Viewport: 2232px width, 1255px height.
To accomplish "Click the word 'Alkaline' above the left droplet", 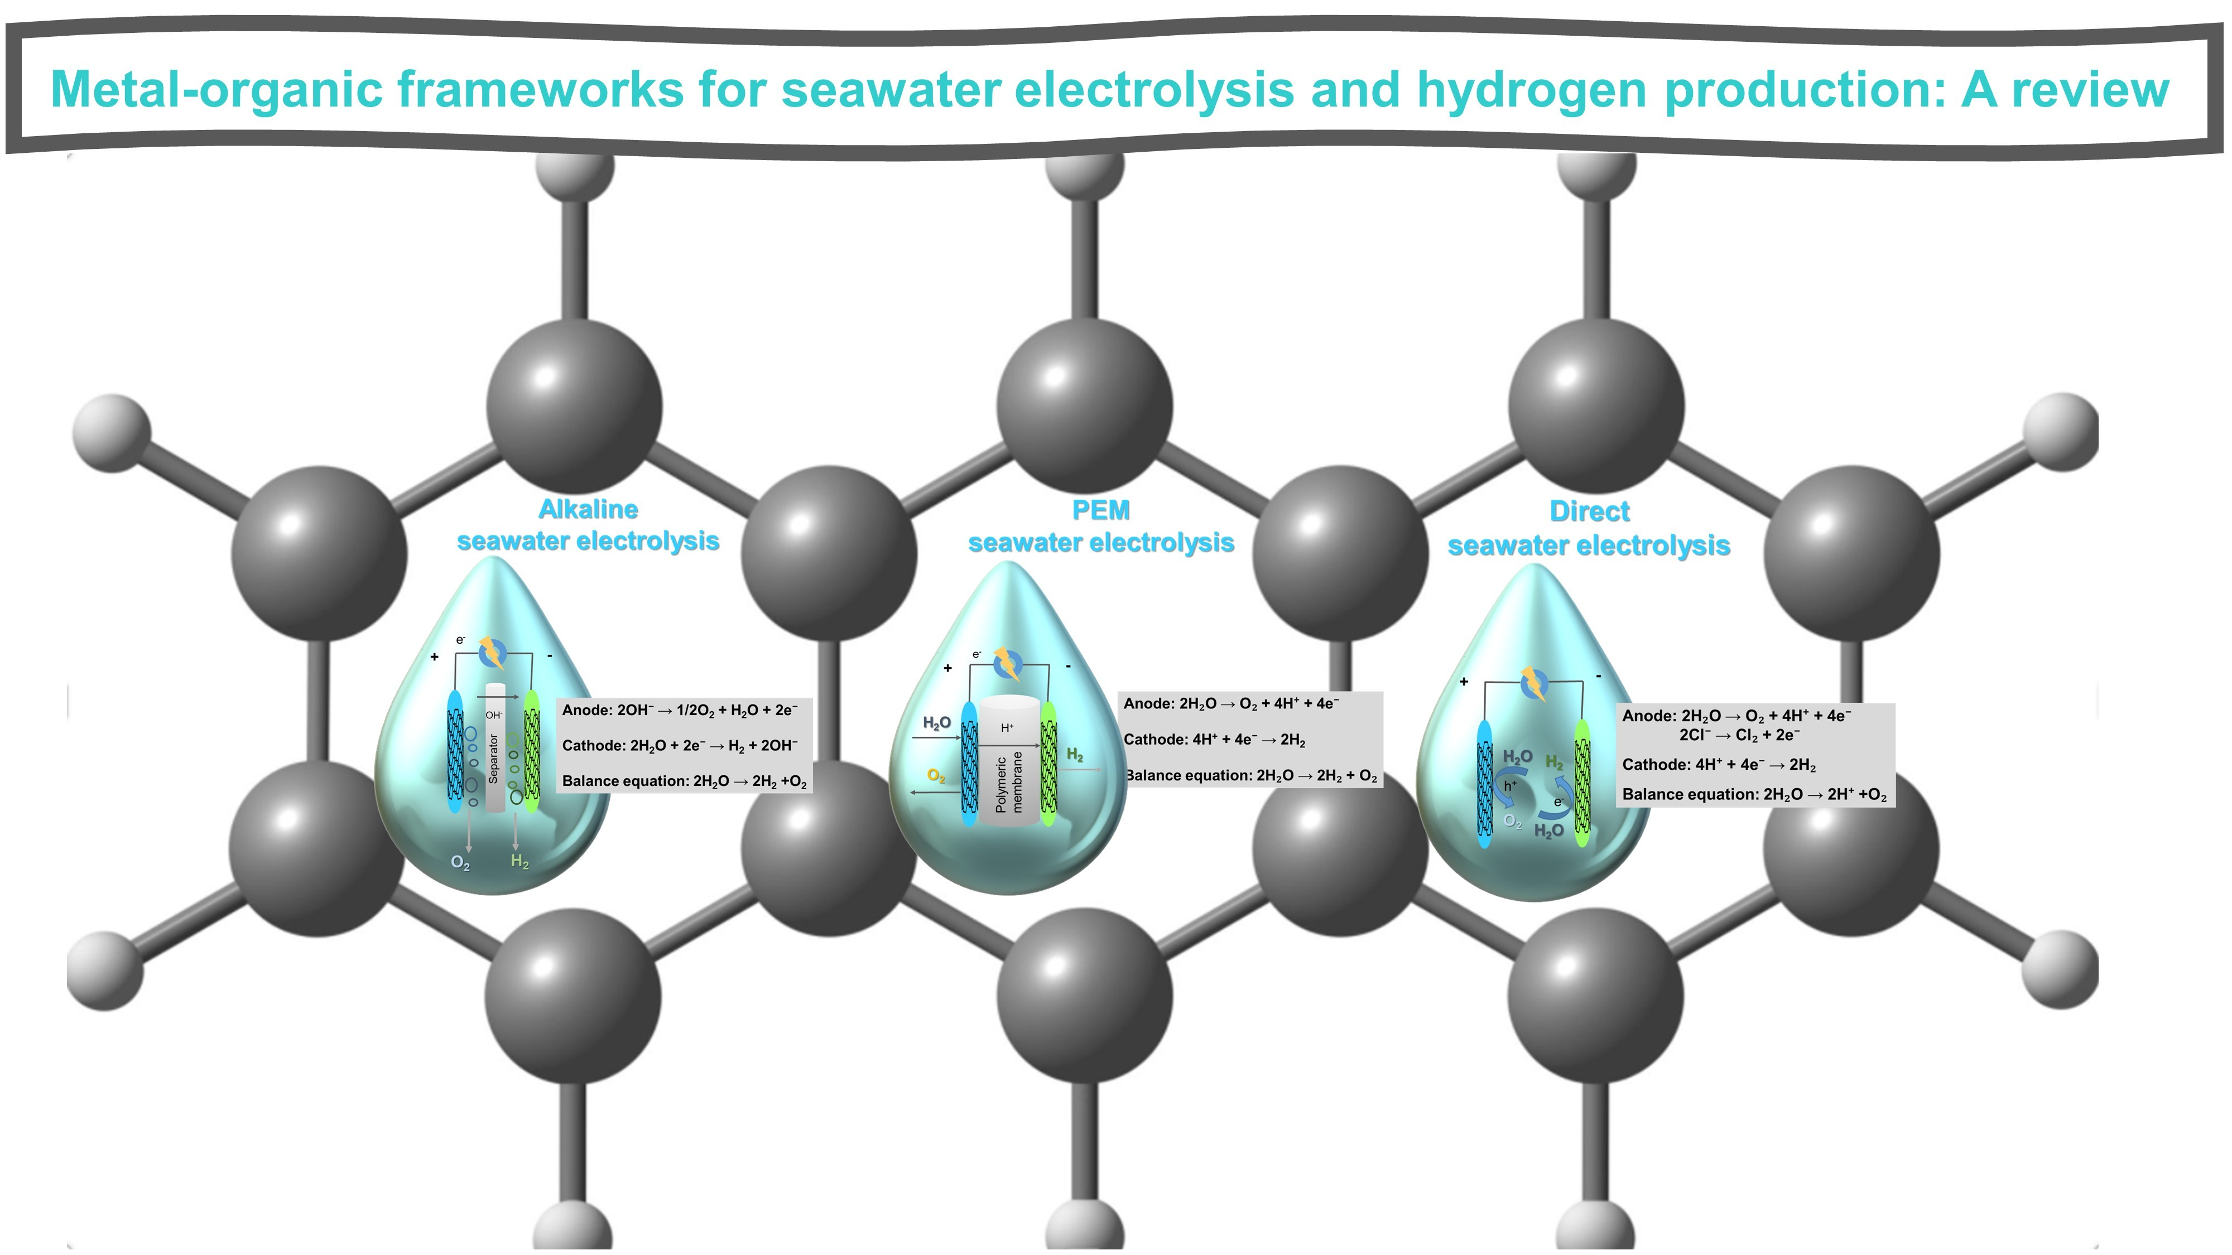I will coord(588,509).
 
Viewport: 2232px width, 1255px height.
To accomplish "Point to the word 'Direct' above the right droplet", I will coord(1589,512).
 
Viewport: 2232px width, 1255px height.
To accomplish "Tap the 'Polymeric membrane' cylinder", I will coord(1008,762).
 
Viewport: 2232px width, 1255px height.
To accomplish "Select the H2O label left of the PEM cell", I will coord(937,722).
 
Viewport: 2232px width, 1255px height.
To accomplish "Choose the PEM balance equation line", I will coord(1251,775).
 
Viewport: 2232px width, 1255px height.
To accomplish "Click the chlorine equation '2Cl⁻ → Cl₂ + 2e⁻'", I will coord(1739,735).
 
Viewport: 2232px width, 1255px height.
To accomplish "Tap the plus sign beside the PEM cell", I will coord(948,668).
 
